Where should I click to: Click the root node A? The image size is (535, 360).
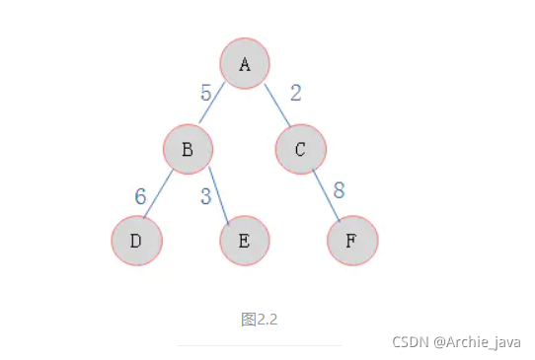tap(245, 63)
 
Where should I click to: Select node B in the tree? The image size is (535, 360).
tap(188, 150)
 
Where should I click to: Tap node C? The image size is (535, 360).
tap(301, 150)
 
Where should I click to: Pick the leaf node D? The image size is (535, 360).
tap(136, 240)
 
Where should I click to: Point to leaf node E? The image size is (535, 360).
tap(245, 240)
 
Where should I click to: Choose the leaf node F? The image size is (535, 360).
tap(352, 240)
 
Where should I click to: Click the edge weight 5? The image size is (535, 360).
tap(206, 94)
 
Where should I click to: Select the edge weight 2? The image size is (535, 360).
tap(295, 94)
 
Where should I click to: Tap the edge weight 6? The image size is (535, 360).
tap(141, 196)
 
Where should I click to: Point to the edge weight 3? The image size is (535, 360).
tap(206, 196)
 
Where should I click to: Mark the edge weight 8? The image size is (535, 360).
tap(339, 190)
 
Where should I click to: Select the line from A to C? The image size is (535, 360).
tap(276, 105)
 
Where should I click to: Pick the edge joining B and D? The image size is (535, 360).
tap(159, 195)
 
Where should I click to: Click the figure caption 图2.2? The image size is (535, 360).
tap(260, 319)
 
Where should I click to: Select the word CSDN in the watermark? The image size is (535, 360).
tap(408, 341)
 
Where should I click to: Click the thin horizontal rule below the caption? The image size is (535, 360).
tap(260, 345)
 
